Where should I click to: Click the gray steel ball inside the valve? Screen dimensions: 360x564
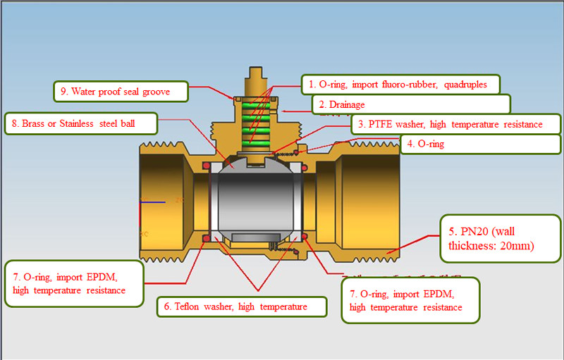tap(257, 197)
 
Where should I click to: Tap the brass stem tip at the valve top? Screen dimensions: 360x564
tap(257, 74)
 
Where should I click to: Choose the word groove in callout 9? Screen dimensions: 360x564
tap(149, 91)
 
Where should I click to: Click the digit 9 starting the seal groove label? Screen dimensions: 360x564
tap(63, 91)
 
